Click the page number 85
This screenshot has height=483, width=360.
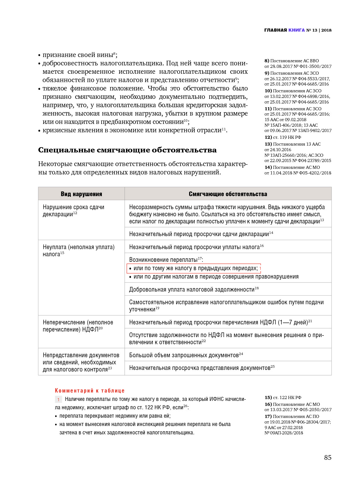(327, 458)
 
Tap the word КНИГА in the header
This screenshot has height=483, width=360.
(297, 30)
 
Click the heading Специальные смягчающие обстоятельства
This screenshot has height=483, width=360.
(127, 150)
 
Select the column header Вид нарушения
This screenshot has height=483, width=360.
(81, 194)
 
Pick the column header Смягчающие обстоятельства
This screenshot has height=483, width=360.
(228, 194)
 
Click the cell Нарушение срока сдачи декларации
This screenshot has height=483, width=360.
(73, 211)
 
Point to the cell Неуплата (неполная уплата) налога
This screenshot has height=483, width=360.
(79, 250)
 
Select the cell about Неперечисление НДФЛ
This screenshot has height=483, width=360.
(78, 326)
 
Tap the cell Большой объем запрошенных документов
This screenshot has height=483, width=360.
(186, 355)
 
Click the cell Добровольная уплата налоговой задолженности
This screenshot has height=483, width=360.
(193, 289)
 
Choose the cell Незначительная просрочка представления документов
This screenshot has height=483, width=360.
(202, 368)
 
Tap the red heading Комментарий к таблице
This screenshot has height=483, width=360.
(90, 391)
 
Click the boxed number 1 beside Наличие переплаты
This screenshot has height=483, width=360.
(58, 400)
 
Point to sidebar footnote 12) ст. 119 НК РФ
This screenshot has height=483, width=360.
(283, 137)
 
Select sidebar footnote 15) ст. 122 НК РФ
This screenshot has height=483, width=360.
(283, 397)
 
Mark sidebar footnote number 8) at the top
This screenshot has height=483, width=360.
(267, 61)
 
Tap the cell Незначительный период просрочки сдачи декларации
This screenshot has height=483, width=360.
(201, 234)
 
